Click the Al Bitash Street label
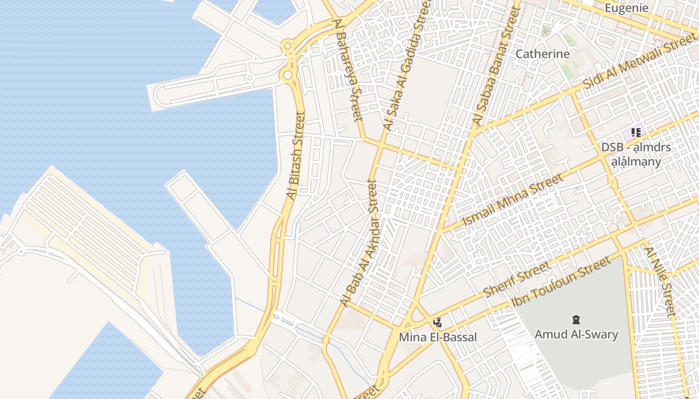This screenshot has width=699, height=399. coord(295,156)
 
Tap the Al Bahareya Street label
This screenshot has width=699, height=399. coord(349,70)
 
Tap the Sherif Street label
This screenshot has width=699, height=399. coord(517,279)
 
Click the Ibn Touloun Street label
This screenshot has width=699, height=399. coord(561,282)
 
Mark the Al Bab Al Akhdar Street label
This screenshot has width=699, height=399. coord(359,243)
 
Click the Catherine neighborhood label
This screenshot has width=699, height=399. coord(542,54)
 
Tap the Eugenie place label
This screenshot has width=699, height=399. coord(626,8)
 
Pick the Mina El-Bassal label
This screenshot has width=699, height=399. coord(437,337)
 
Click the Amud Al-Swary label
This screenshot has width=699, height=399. coord(576,334)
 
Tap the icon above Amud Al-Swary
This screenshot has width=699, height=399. coord(576,320)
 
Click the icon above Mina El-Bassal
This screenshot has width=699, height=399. coord(437,323)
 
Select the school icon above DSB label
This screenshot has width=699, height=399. coord(636,132)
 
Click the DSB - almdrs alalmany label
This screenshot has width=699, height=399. coord(636,155)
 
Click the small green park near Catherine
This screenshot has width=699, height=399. coord(568,71)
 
